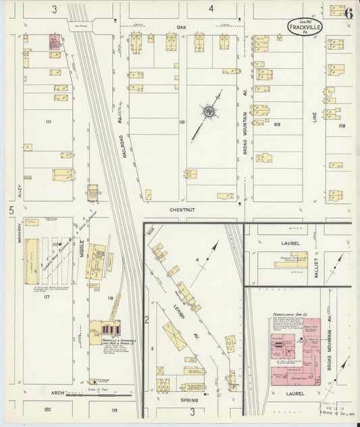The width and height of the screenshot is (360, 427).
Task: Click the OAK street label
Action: coord(181,27)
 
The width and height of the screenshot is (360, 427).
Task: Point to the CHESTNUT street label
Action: coord(182,209)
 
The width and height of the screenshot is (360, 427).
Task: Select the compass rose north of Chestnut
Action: coord(209,110)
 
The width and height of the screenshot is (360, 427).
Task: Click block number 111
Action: coord(49,121)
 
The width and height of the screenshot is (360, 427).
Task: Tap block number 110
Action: coord(181,122)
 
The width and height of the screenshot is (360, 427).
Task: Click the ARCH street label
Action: coord(57,392)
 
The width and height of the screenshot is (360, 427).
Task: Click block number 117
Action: coord(47,297)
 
